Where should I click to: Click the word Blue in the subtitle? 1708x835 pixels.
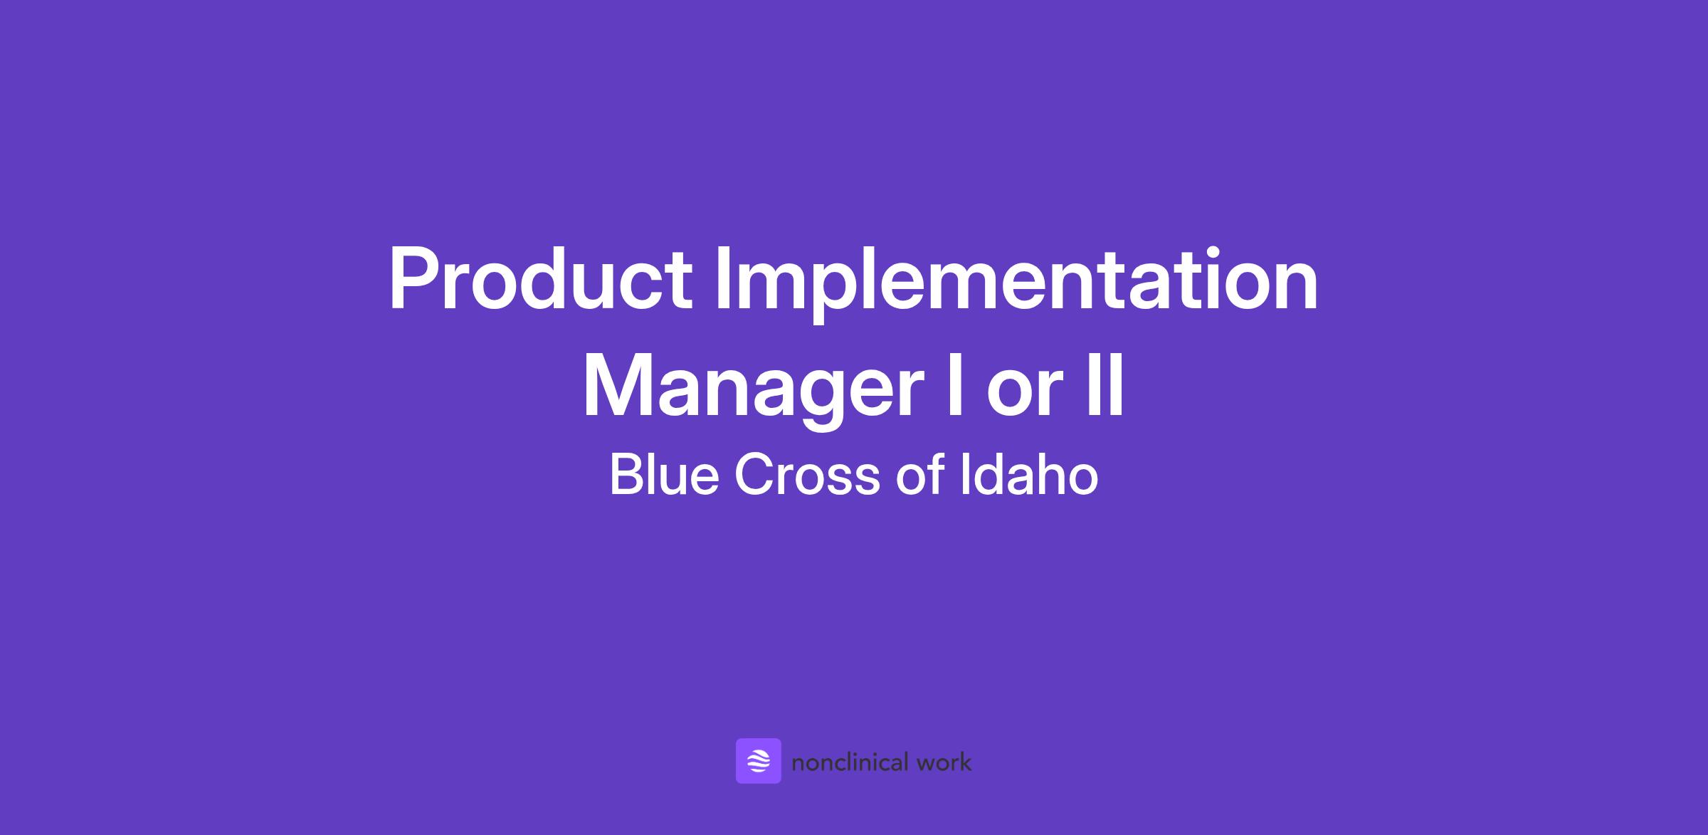point(664,475)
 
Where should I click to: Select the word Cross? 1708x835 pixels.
point(807,475)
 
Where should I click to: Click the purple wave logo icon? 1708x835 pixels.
point(759,761)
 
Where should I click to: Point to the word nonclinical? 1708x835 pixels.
point(850,762)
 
